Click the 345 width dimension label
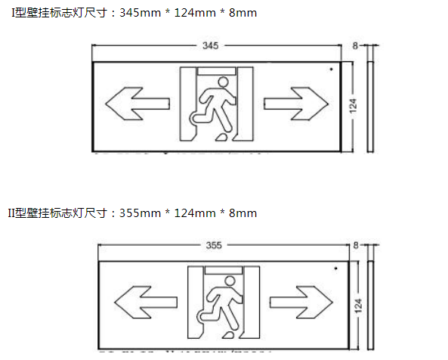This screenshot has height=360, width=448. tap(210, 46)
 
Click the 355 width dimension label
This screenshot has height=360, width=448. tap(214, 246)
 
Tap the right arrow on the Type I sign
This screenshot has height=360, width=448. tap(295, 104)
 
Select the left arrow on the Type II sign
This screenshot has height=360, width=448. tap(141, 300)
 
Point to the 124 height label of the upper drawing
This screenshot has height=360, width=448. tap(353, 106)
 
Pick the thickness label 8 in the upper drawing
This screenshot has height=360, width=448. tap(355, 46)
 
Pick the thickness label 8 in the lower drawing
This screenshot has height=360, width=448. tap(356, 246)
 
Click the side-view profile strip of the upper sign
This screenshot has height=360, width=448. tap(370, 106)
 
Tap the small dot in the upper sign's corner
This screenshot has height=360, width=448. tap(331, 70)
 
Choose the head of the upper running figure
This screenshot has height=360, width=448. tap(223, 80)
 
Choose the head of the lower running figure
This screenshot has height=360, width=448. tap(230, 280)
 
